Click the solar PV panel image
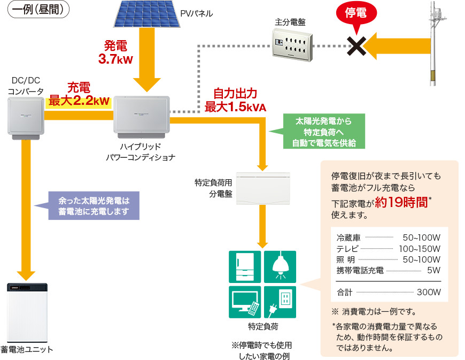point(145,14)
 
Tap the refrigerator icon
point(245,266)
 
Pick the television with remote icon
point(245,302)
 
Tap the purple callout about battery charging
point(94,205)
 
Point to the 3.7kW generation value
point(115,59)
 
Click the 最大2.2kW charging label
point(79,100)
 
